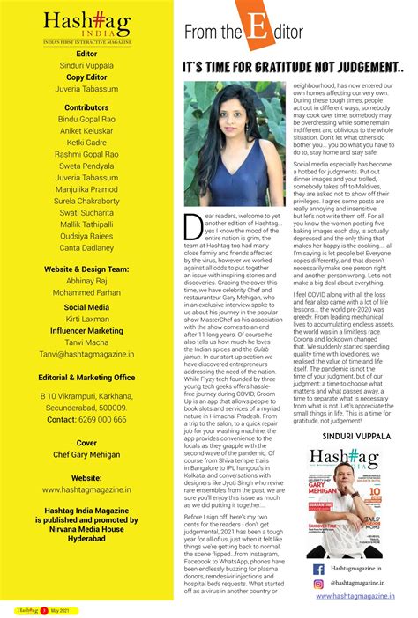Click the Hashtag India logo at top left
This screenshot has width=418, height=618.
[x=86, y=25]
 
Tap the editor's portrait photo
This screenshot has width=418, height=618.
[x=224, y=145]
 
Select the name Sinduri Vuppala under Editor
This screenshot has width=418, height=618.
[x=86, y=64]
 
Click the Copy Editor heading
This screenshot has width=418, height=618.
[x=86, y=77]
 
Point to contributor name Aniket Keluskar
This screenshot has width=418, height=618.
[x=86, y=129]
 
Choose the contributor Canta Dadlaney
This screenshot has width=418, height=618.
[x=86, y=247]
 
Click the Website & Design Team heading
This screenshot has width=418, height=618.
[x=86, y=269]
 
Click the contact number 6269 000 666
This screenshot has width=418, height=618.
[x=86, y=420]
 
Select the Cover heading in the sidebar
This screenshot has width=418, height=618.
[x=86, y=443]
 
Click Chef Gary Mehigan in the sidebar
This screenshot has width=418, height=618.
[x=86, y=455]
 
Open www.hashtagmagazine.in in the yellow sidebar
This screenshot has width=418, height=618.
[x=86, y=489]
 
